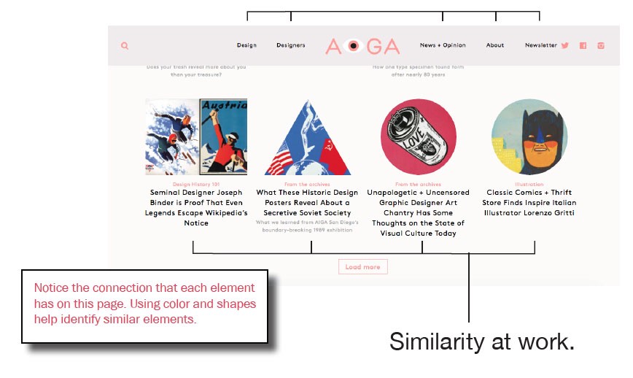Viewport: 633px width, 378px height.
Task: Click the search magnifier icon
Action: (125, 46)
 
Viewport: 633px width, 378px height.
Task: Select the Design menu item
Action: (246, 45)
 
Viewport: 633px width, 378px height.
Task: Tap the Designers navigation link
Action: (291, 45)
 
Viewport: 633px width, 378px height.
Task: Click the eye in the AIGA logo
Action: (353, 46)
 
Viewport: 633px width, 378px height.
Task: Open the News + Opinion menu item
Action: (443, 45)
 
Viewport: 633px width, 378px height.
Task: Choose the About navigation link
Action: (495, 45)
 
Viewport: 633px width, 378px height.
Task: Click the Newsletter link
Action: (540, 45)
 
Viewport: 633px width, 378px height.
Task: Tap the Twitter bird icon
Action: (564, 45)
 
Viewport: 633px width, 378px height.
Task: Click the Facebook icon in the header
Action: (583, 45)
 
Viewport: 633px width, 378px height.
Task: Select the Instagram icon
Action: (601, 45)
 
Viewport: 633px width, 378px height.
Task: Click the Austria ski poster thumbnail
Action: (196, 137)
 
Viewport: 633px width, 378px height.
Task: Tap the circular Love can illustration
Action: (419, 137)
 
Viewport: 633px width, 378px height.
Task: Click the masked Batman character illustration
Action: (529, 137)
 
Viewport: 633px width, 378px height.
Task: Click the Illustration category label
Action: (529, 185)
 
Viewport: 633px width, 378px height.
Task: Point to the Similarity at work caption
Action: (482, 342)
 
